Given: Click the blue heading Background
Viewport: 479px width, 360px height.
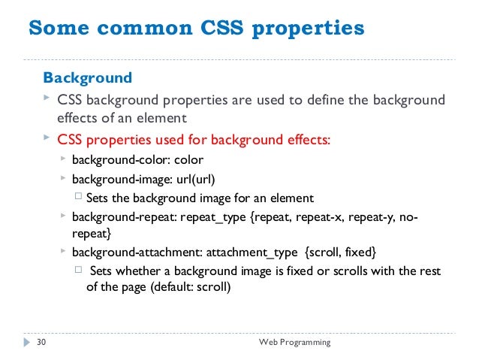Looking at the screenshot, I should (87, 77).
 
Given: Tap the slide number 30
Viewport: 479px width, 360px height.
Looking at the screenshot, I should (41, 343).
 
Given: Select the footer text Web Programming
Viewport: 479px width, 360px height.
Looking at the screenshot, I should (294, 343).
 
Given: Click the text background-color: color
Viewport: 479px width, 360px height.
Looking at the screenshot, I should (137, 159).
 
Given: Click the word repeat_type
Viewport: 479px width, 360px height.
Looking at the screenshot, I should (218, 218).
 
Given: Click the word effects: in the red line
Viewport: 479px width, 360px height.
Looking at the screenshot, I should (303, 140).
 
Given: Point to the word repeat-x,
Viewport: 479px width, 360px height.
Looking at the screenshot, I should (328, 218).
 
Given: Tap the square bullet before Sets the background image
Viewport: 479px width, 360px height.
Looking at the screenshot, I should (79, 198).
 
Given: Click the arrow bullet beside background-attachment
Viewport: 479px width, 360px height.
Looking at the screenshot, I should (63, 250).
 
